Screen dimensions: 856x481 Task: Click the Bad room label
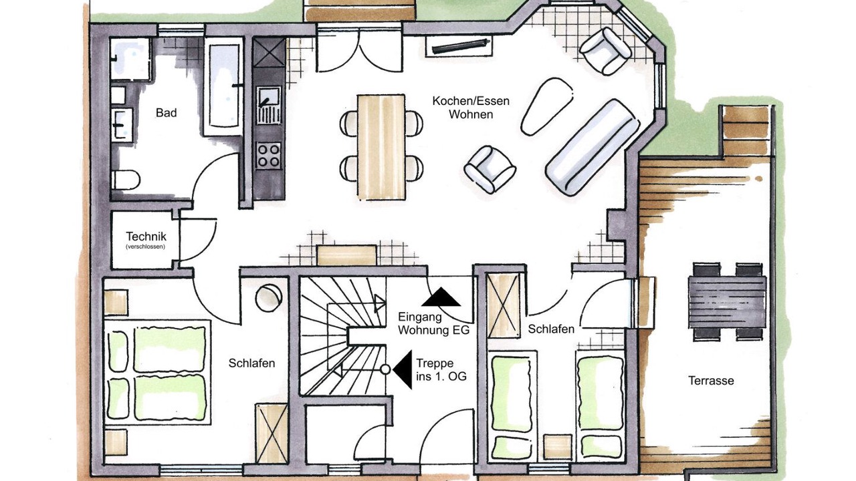[x=167, y=113]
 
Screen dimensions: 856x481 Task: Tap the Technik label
[x=146, y=236]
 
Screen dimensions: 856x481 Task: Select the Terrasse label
[x=711, y=381]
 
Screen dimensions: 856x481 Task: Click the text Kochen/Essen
[x=471, y=101]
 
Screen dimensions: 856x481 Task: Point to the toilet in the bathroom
[x=126, y=180]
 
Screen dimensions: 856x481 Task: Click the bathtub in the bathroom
[x=223, y=87]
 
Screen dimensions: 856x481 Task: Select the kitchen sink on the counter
[x=269, y=105]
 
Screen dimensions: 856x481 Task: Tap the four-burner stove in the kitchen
[x=268, y=156]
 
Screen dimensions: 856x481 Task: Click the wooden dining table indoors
[x=381, y=148]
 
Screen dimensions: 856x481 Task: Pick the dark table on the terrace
[x=728, y=301]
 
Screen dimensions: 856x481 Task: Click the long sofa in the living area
[x=593, y=148]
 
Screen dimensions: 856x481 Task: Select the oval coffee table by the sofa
[x=547, y=106]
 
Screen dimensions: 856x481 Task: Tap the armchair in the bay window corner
[x=605, y=51]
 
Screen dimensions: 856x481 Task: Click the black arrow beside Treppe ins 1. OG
[x=403, y=369]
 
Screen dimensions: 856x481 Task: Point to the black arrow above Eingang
[x=441, y=297]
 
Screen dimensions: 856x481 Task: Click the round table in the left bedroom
[x=269, y=298]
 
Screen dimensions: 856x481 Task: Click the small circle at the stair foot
[x=386, y=369]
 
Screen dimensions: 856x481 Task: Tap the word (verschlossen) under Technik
[x=145, y=247]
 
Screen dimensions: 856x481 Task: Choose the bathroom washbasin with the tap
[x=122, y=125]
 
